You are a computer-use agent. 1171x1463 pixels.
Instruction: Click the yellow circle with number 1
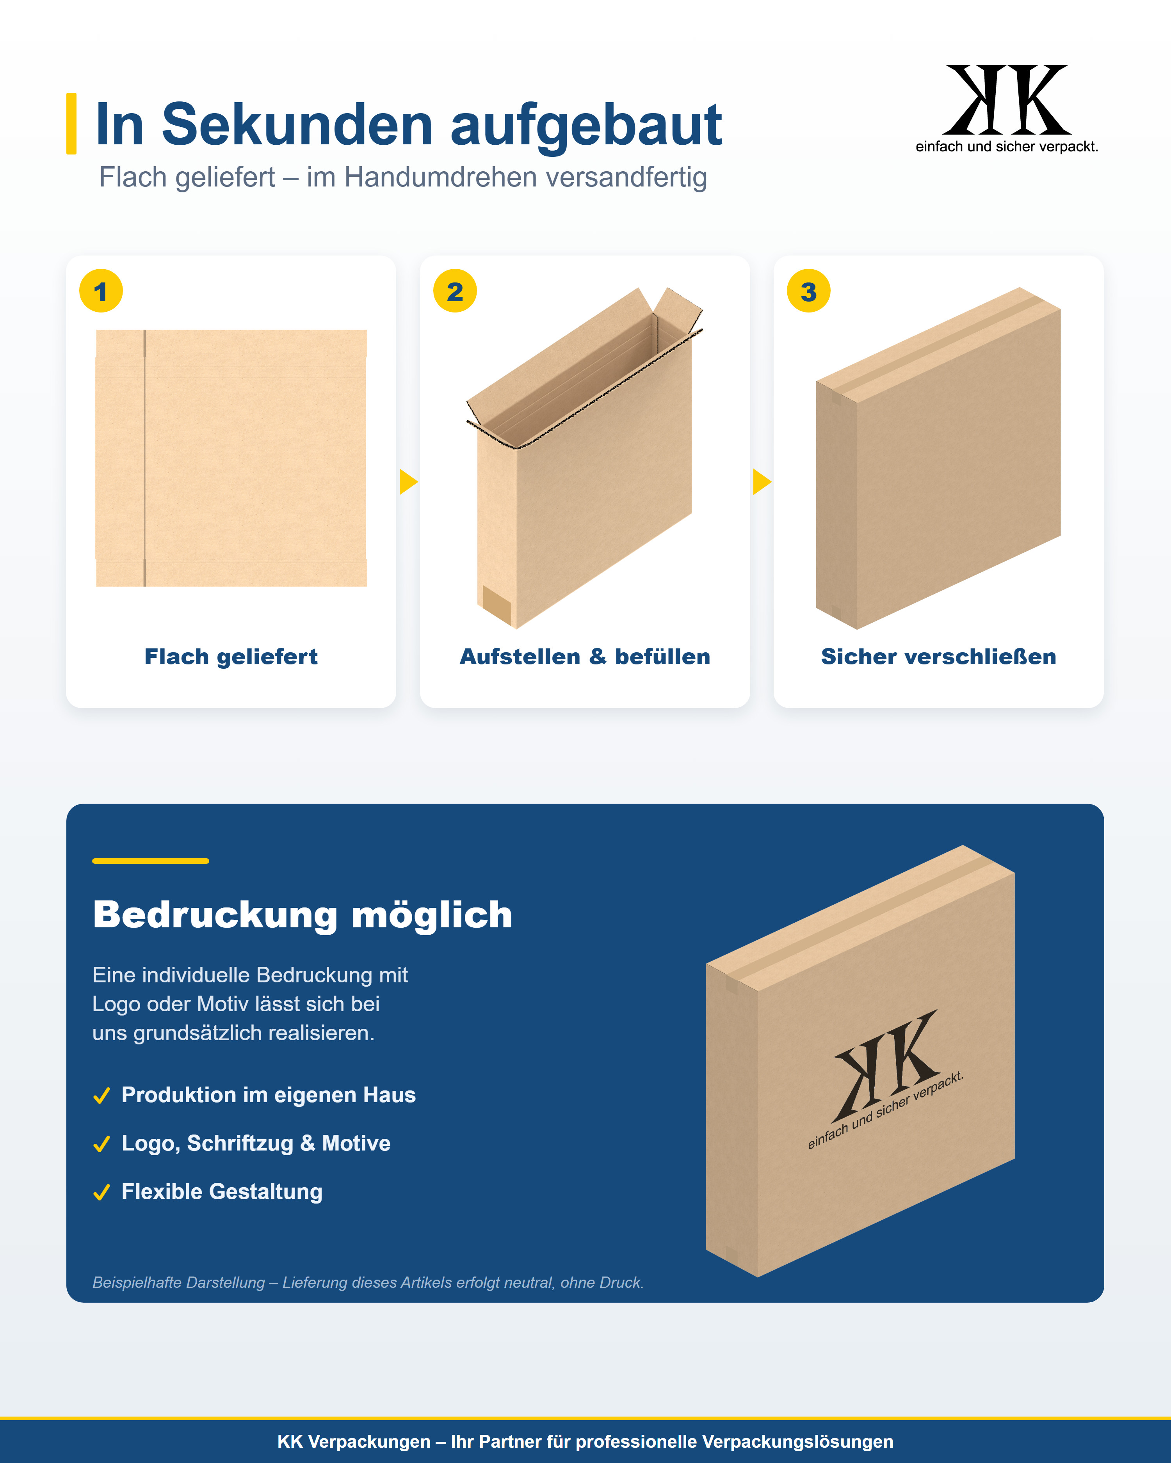pos(101,291)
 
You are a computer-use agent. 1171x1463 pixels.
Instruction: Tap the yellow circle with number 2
pos(455,291)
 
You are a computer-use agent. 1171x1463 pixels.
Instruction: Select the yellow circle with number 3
pos(808,291)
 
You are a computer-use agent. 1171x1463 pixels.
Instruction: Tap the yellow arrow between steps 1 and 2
pos(408,482)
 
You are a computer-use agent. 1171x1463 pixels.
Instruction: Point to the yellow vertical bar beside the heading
pos(71,124)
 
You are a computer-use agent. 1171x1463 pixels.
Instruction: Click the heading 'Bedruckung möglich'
pos(303,915)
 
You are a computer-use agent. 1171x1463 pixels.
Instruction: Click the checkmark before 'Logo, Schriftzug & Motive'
pos(102,1144)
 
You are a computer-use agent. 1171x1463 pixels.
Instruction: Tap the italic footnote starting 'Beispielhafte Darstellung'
pos(368,1282)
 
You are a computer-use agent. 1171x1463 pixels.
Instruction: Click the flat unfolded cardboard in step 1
pos(231,458)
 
